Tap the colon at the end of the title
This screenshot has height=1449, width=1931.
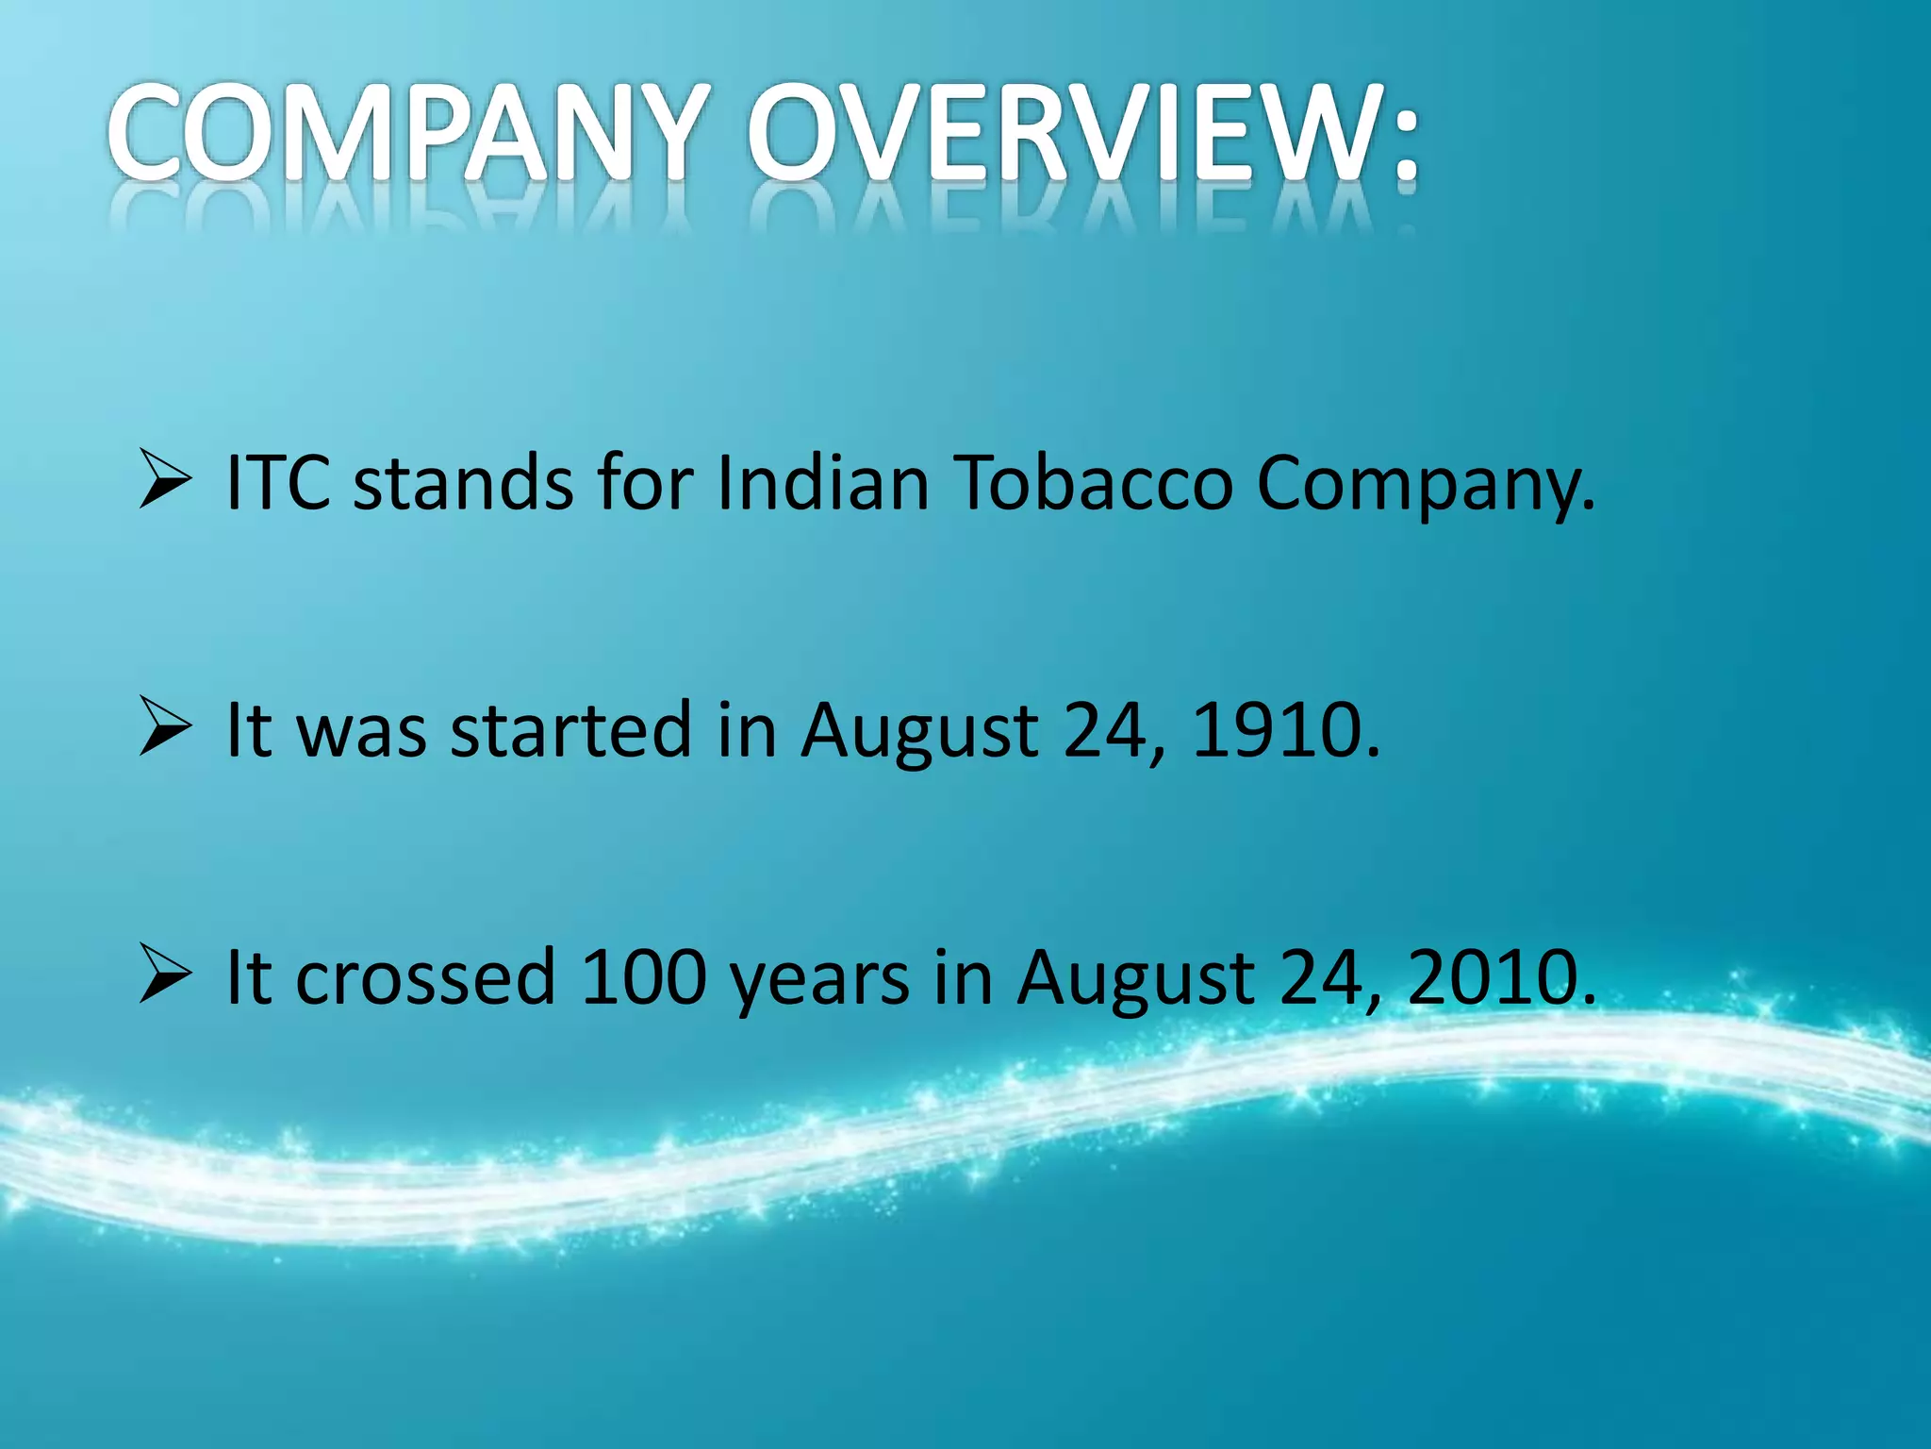pyautogui.click(x=1406, y=142)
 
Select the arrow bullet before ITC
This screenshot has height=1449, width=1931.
pyautogui.click(x=165, y=480)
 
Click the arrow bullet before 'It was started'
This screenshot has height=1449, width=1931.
pyautogui.click(x=165, y=727)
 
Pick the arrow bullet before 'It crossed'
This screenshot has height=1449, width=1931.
pyautogui.click(x=165, y=974)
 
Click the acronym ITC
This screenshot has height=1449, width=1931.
pyautogui.click(x=278, y=483)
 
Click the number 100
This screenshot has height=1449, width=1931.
pyautogui.click(x=644, y=977)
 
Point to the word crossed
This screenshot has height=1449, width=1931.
pyautogui.click(x=424, y=977)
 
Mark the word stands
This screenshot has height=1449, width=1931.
pyautogui.click(x=462, y=483)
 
